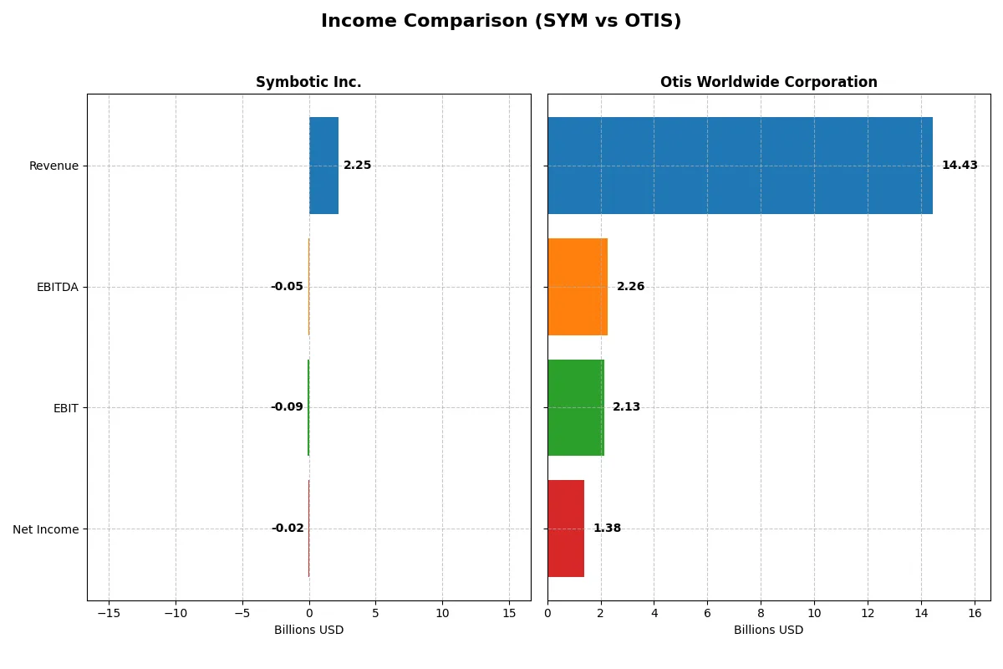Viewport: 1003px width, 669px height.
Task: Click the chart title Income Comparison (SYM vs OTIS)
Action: pos(501,22)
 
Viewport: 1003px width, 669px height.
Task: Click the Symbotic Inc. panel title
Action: pos(308,82)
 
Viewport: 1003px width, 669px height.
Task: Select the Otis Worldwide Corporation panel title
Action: pos(768,82)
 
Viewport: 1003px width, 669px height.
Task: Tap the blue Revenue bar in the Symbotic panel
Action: pos(323,166)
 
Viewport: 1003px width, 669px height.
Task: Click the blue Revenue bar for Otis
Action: pos(740,166)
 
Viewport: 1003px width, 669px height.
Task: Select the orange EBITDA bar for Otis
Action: pos(578,287)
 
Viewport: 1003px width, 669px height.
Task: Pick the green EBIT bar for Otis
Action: pos(576,407)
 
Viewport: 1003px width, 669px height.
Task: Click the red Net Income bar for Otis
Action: pos(566,529)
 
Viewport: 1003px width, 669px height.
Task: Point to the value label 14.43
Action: pos(960,166)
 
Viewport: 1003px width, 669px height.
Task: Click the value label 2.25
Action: pos(357,166)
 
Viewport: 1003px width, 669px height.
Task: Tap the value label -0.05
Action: pos(287,287)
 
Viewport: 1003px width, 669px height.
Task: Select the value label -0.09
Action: pos(287,407)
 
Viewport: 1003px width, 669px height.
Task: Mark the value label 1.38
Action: pos(607,529)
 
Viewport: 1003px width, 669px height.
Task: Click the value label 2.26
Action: pos(630,287)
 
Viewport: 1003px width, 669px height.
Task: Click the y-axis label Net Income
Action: pos(46,529)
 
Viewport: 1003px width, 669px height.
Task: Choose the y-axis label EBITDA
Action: pos(58,287)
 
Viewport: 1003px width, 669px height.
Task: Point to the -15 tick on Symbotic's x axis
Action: pos(109,613)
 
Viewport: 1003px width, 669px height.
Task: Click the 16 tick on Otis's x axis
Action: pos(975,613)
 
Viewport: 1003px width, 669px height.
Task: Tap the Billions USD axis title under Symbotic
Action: pos(308,631)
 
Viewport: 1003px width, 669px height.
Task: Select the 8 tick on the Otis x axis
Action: pos(761,613)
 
